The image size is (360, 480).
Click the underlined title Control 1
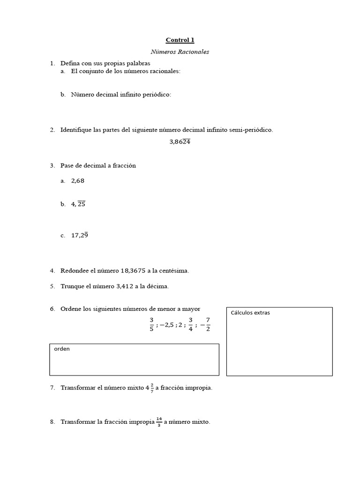tap(180, 40)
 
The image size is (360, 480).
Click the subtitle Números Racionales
tap(180, 52)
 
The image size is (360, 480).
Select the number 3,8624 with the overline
tap(180, 142)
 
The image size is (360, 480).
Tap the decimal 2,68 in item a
tap(78, 180)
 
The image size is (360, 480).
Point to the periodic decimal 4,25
tap(78, 204)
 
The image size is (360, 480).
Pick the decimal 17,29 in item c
tap(80, 235)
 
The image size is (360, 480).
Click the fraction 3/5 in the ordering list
tap(151, 324)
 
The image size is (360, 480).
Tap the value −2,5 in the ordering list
tap(167, 324)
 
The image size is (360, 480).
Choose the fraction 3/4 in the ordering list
tap(190, 324)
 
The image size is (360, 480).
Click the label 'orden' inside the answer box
tap(62, 349)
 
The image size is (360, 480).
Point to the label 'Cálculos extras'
tap(250, 313)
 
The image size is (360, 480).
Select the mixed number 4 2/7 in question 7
tap(149, 388)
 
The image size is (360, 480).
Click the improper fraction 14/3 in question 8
tap(159, 422)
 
